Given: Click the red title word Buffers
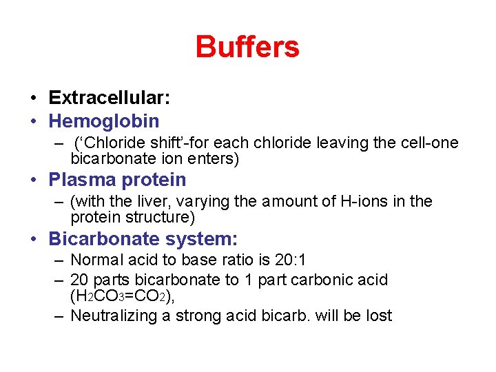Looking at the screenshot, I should [x=247, y=48].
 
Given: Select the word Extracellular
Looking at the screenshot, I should [x=107, y=98].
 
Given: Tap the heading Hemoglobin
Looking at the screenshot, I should [x=103, y=121].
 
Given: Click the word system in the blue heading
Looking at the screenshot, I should [x=205, y=239].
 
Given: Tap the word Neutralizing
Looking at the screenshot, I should [x=116, y=316].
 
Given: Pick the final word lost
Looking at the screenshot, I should [x=379, y=316].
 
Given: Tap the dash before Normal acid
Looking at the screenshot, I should [x=59, y=260].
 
